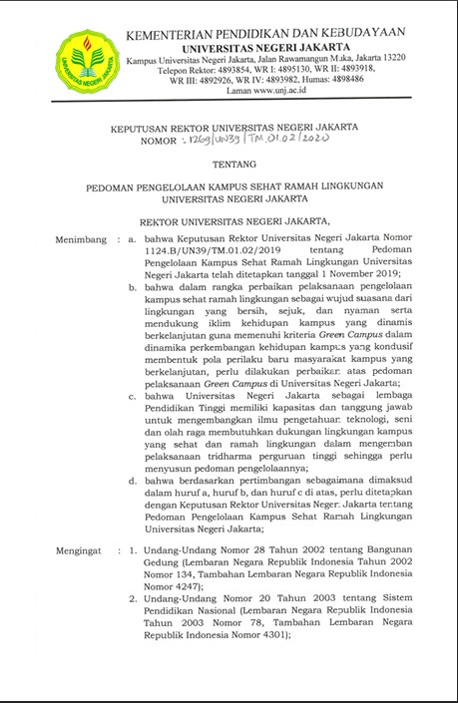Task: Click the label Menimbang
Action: point(83,240)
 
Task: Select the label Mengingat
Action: point(83,549)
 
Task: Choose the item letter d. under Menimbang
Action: point(134,479)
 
